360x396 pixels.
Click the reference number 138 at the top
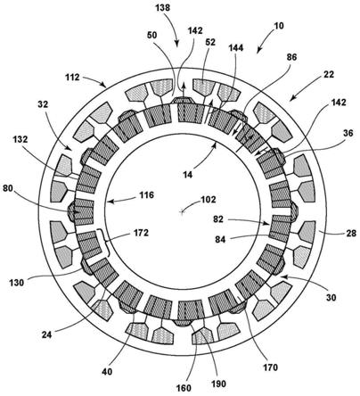tap(163, 7)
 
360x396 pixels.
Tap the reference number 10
tap(279, 26)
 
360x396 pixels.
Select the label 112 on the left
tap(72, 78)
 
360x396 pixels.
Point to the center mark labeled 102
tap(183, 211)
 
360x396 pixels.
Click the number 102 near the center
tap(209, 199)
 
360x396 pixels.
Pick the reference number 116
tap(146, 195)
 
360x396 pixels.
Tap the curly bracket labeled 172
tap(107, 243)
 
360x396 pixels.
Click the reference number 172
tap(141, 233)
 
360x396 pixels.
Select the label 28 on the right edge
tap(351, 233)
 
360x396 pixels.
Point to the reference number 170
tap(270, 367)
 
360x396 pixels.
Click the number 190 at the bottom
tap(218, 384)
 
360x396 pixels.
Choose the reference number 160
tap(184, 388)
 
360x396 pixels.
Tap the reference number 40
tap(107, 371)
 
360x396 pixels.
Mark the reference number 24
tap(46, 334)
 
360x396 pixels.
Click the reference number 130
tap(16, 283)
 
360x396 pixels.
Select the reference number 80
tap(8, 188)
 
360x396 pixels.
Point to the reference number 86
tap(291, 57)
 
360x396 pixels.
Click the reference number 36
tap(348, 133)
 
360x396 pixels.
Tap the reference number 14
tap(187, 175)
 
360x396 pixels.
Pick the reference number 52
tap(209, 43)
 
